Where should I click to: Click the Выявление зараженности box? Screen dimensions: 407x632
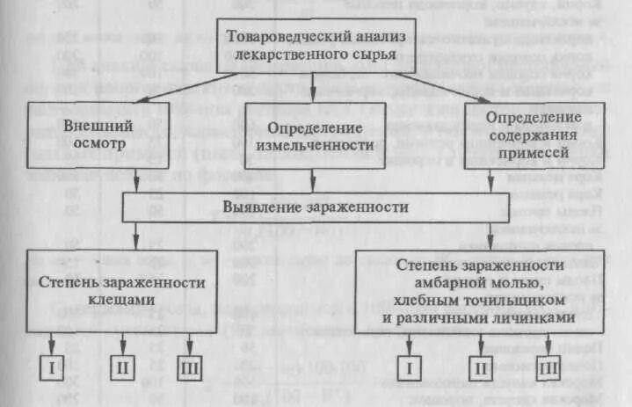[x=314, y=208]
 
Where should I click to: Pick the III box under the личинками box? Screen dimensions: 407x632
[x=548, y=367]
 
